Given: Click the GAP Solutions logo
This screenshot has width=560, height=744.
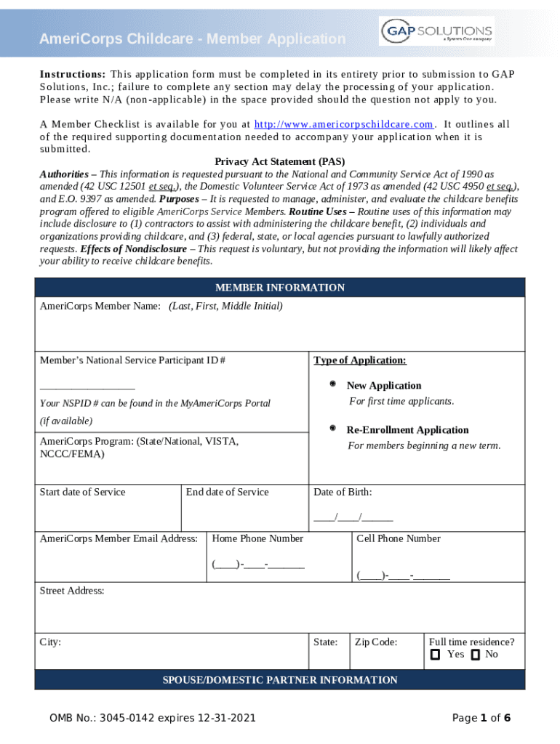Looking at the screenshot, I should click(x=436, y=31).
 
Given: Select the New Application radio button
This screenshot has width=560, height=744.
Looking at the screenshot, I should click(x=332, y=384).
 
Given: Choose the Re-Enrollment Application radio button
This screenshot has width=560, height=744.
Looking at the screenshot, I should click(x=332, y=429).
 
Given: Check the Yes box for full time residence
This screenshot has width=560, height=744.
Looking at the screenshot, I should click(x=435, y=655).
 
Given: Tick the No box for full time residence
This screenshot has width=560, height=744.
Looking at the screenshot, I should click(x=475, y=655).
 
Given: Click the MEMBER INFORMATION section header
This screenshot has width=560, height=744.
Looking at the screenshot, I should click(x=280, y=288).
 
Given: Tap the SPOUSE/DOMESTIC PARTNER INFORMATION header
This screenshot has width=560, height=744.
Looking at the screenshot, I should click(x=280, y=680).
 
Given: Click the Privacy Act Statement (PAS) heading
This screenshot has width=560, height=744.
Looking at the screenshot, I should click(x=280, y=161).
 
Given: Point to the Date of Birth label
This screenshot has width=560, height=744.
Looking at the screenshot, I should click(x=343, y=492).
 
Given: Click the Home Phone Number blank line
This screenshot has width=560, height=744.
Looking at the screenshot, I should click(x=258, y=565).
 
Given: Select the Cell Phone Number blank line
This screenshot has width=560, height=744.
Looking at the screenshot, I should click(x=403, y=577).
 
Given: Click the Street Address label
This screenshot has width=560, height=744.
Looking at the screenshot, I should click(x=72, y=591).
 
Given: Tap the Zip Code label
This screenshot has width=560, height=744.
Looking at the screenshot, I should click(x=376, y=642).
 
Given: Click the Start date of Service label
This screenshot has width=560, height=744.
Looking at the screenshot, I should click(x=82, y=492).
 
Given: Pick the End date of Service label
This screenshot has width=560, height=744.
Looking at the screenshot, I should click(x=227, y=492).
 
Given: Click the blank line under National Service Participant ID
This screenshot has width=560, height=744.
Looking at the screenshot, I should click(x=87, y=387).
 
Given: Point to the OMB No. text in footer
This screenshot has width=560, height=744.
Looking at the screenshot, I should click(x=153, y=719).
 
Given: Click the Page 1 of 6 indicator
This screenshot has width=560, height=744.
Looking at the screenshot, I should click(x=481, y=719).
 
